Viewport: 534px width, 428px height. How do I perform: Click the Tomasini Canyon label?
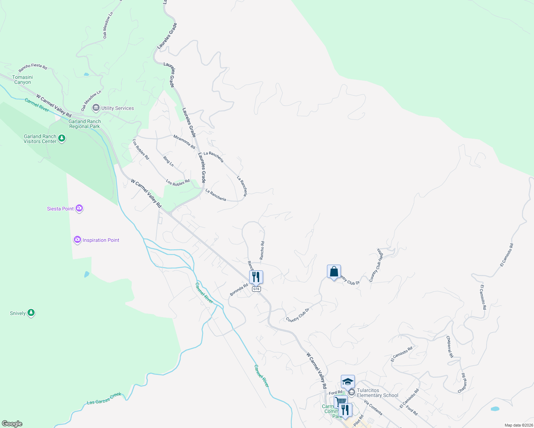tap(22, 80)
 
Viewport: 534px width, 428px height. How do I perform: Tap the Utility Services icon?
tap(96, 108)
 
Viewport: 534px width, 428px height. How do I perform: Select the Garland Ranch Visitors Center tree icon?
tap(62, 138)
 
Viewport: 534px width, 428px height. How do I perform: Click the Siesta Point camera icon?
tap(79, 208)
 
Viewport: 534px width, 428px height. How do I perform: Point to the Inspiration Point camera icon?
tap(77, 240)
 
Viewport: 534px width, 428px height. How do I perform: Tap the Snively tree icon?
tap(31, 313)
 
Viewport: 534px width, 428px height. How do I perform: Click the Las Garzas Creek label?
tap(104, 399)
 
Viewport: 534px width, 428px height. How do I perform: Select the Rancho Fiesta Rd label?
tap(33, 67)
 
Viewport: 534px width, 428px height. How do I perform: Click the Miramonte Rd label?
tap(184, 142)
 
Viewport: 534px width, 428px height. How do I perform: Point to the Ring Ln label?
tap(168, 161)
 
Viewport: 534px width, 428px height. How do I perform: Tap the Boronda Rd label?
tap(239, 290)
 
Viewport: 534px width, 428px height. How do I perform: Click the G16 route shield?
tap(256, 289)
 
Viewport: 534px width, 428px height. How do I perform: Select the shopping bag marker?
tap(334, 272)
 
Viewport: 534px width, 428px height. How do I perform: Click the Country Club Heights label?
tap(376, 265)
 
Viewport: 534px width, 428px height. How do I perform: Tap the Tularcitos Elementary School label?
tap(378, 393)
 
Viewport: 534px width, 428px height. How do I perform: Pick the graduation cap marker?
tap(348, 382)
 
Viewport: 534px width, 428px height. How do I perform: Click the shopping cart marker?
tap(341, 402)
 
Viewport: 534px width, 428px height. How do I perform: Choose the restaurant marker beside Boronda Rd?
tap(256, 277)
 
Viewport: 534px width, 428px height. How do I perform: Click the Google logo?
tap(12, 424)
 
